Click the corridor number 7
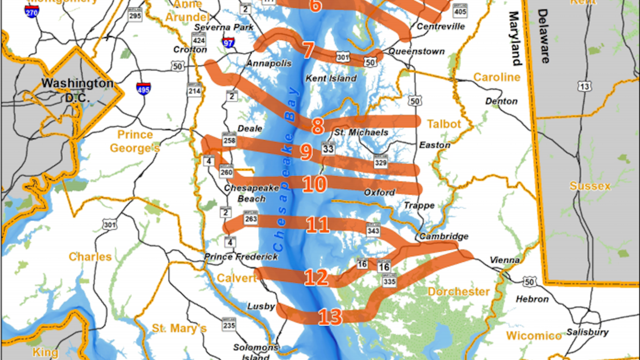(308, 50)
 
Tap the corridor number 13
(330, 317)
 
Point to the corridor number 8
(318, 126)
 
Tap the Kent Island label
(331, 78)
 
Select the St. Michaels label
(361, 133)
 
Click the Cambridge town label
(443, 237)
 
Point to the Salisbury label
(587, 332)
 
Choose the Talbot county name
(443, 124)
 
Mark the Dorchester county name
(458, 292)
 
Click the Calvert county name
(237, 278)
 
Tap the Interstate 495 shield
(143, 88)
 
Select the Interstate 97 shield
(229, 42)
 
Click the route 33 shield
(327, 148)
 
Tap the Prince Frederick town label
(241, 257)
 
